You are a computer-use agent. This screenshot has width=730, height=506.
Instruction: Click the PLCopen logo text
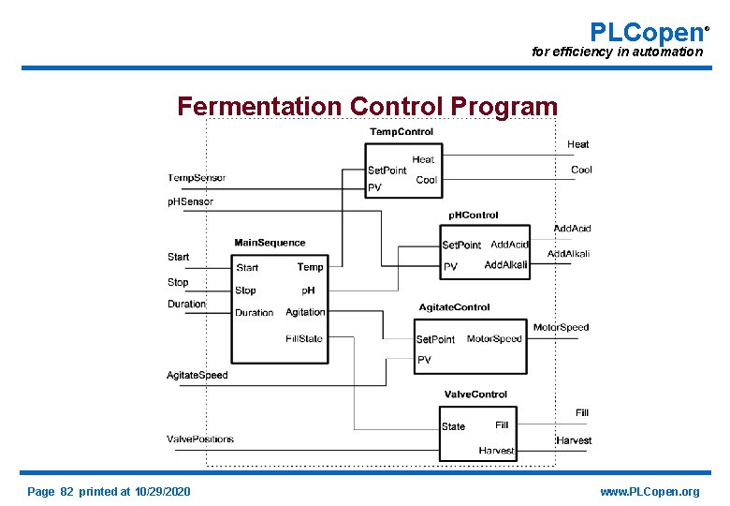coord(647,31)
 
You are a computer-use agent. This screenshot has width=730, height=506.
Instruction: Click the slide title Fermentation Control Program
coord(367,107)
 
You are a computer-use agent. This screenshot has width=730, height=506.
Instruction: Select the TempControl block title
coord(401,132)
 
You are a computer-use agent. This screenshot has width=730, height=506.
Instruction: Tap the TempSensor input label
coord(197,178)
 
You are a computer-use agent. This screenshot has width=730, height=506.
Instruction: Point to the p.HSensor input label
coord(190,201)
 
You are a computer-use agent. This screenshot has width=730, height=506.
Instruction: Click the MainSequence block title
coord(270,243)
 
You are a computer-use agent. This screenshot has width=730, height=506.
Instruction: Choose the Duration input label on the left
coord(186,305)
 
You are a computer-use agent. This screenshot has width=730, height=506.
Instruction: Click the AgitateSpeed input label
coord(197,376)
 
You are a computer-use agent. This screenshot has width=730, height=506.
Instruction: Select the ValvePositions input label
coord(200,439)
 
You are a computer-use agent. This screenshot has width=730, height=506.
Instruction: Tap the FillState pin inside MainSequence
coord(304,338)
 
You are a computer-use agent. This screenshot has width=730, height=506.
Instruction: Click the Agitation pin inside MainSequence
coord(305,312)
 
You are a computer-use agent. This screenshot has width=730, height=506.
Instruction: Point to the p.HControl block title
coord(474,216)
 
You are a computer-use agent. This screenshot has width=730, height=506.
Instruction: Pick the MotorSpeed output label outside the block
coord(561,328)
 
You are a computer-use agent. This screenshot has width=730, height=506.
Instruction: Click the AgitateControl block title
coord(454,307)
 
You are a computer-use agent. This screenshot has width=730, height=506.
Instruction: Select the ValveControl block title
coord(475,394)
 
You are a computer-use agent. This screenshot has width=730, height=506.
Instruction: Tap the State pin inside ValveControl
coord(453,426)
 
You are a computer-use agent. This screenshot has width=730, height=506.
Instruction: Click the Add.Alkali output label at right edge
coord(568,254)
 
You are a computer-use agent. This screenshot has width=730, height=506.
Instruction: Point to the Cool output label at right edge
coord(581,170)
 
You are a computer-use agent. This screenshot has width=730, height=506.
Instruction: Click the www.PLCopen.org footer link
coord(650,492)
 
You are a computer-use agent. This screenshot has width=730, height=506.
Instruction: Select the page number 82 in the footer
coord(66,492)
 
